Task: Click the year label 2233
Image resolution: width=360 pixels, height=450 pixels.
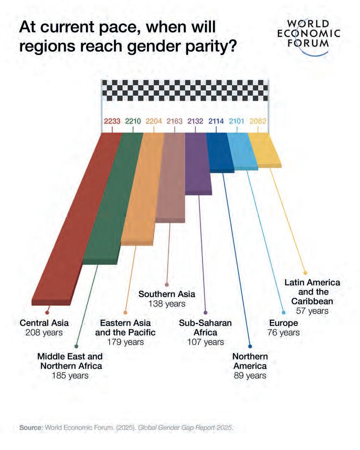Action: (x=112, y=121)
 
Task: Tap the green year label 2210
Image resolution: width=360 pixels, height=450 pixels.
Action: (x=133, y=121)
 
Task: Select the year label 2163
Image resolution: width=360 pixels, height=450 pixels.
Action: (x=174, y=121)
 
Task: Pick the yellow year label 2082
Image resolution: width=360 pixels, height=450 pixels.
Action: (x=258, y=121)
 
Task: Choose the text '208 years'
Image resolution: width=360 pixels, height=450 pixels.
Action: (x=44, y=332)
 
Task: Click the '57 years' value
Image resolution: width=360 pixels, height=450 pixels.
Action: (x=313, y=311)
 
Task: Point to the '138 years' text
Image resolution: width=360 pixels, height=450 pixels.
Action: (x=167, y=304)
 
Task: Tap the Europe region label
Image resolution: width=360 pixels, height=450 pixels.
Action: (x=283, y=323)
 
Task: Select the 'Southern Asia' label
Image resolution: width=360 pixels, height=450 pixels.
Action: (x=167, y=294)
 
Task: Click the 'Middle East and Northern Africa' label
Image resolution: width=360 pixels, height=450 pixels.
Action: (x=70, y=361)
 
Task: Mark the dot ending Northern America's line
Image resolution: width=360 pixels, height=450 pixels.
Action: (x=250, y=345)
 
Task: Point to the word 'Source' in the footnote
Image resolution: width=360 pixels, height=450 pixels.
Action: (x=30, y=428)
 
